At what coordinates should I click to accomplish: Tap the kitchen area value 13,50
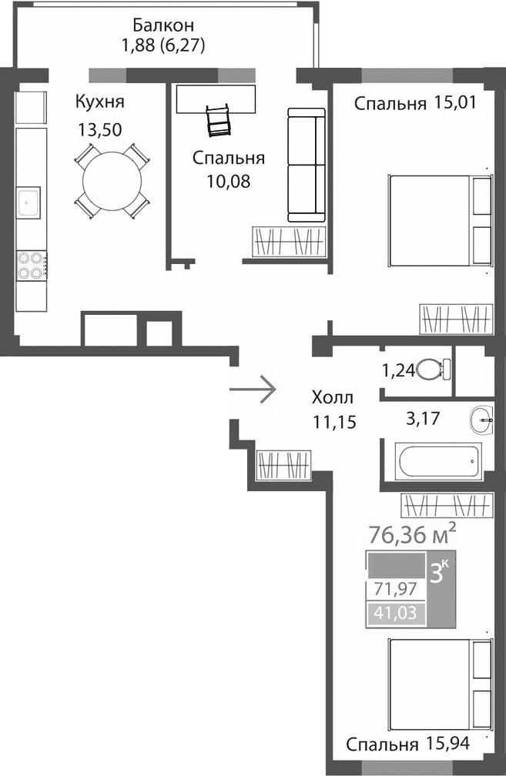[x=100, y=129]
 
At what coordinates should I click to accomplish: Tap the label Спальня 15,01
[x=413, y=104]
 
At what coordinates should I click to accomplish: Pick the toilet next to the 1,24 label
[x=434, y=370]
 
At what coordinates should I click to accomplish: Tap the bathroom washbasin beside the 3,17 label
[x=484, y=420]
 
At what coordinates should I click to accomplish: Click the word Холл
[x=333, y=398]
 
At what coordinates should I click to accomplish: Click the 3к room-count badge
[x=441, y=574]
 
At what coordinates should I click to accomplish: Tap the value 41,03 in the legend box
[x=389, y=614]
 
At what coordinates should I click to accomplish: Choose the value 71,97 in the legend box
[x=389, y=590]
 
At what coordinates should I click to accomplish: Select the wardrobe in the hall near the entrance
[x=283, y=466]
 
